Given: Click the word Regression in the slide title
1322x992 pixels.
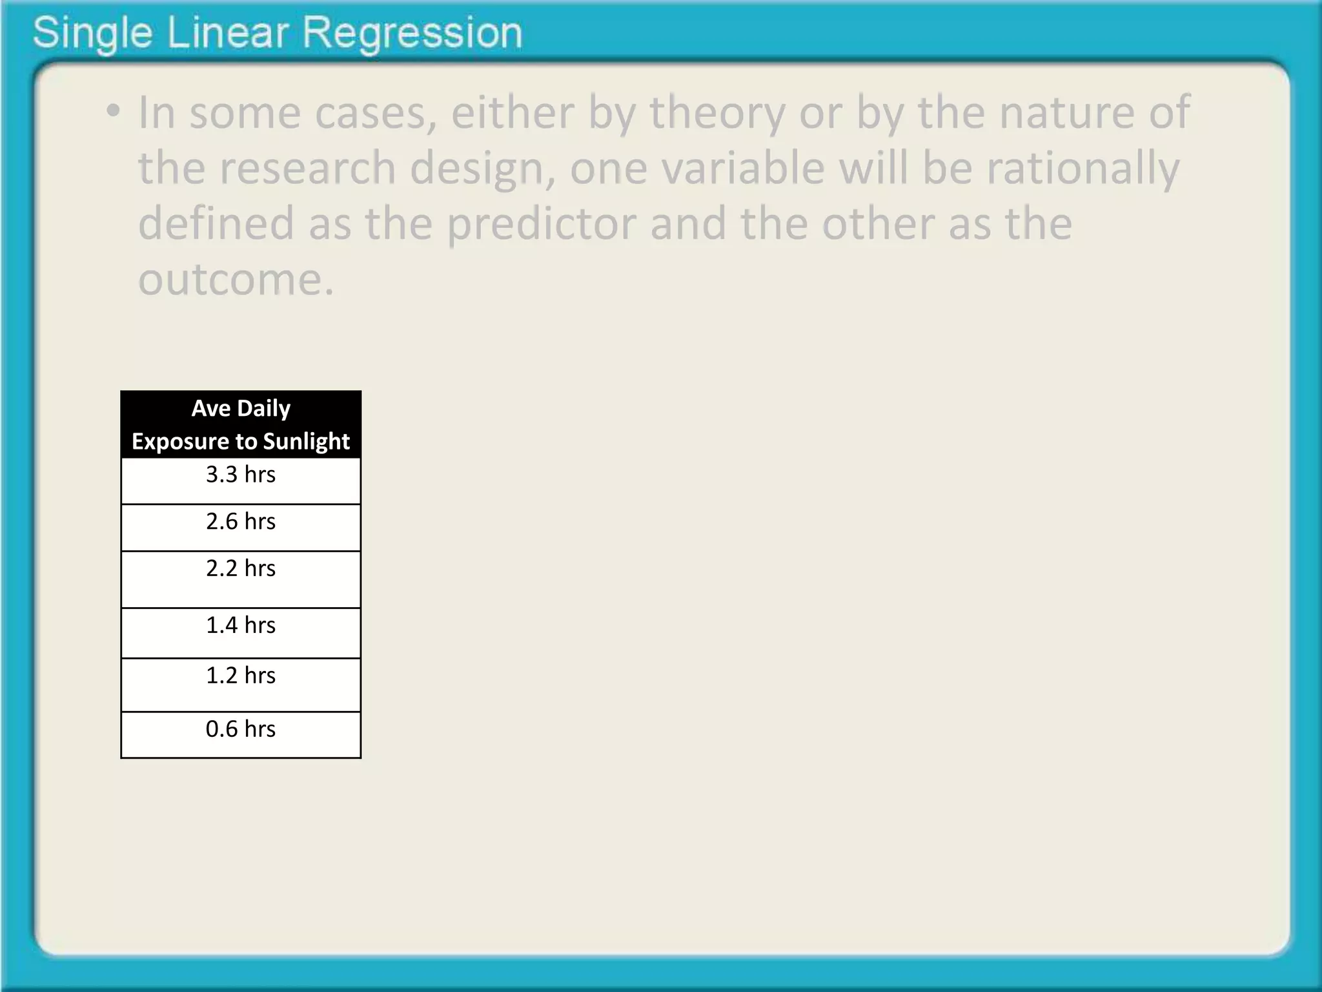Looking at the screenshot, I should click(x=412, y=33).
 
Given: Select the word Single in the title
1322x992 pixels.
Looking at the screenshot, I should click(x=92, y=33).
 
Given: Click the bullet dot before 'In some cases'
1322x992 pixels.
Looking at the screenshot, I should click(x=114, y=112).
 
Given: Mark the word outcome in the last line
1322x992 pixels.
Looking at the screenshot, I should click(x=236, y=280).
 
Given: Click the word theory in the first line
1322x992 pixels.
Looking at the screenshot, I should click(x=717, y=113).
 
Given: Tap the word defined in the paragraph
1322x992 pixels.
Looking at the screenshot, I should click(x=216, y=223).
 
